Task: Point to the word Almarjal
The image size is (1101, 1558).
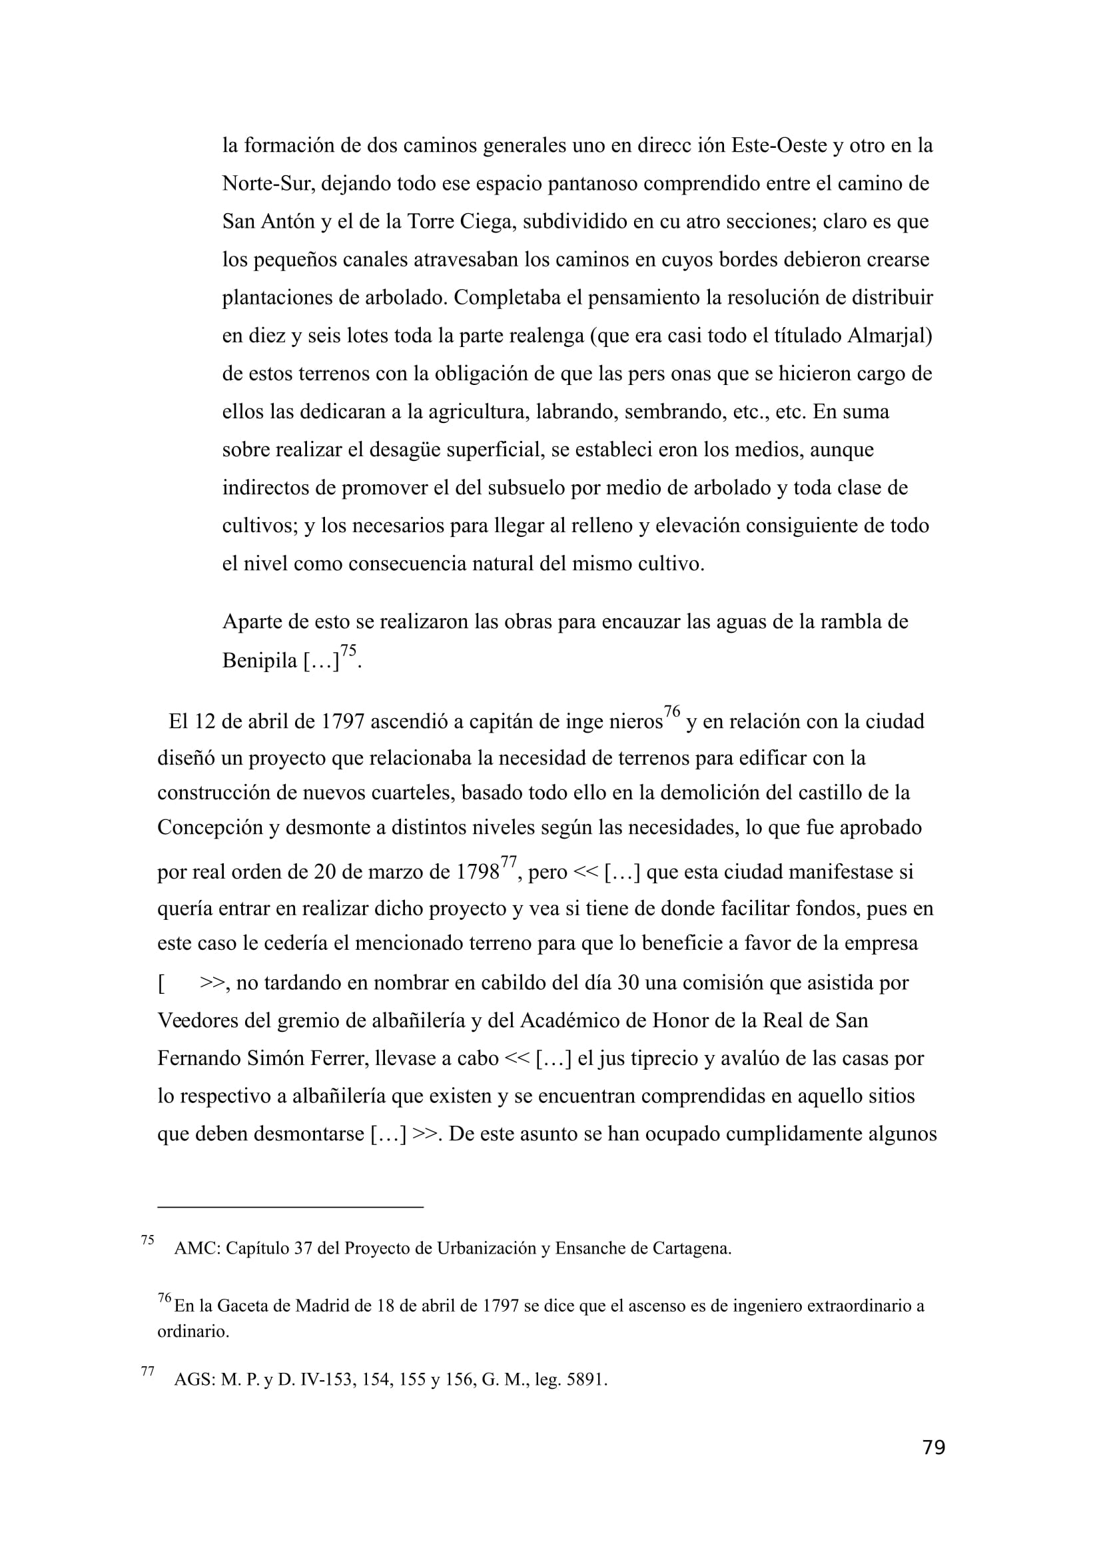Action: pos(889,336)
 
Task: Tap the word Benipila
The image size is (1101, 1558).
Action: pos(259,660)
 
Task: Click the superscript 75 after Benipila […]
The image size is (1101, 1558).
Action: pos(348,651)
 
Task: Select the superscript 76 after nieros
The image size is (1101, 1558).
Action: pos(671,712)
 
